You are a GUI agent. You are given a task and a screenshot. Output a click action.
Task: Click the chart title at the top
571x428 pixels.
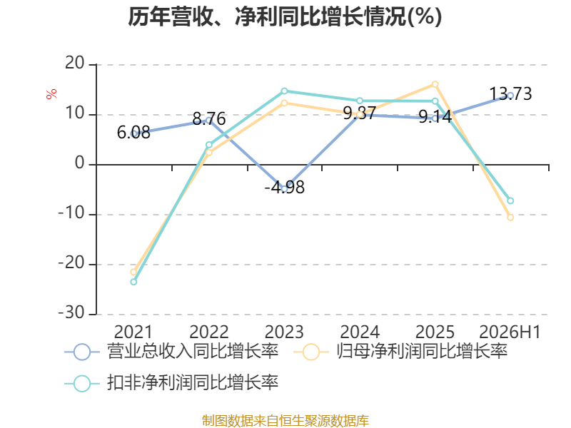[x=285, y=16]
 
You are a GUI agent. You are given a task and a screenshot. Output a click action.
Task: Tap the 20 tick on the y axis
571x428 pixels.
[x=75, y=63]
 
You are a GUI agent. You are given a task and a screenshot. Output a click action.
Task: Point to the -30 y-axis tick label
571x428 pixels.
[x=71, y=313]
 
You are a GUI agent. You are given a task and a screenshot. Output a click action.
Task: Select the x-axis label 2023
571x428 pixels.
[x=284, y=332]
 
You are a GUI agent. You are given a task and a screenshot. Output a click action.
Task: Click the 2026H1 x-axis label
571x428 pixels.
[x=510, y=332]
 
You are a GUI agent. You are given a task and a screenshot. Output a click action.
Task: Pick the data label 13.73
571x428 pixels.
[x=510, y=94]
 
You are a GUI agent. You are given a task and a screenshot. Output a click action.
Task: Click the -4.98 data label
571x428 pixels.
[x=284, y=188]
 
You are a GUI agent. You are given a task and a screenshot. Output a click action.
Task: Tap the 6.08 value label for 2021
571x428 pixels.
[x=133, y=133]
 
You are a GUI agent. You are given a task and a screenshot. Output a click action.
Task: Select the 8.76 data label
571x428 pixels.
[x=209, y=118]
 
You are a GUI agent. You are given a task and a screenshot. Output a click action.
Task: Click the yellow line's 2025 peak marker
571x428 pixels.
[x=435, y=84]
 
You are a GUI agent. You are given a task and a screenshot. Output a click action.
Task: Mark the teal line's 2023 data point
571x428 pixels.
[x=284, y=91]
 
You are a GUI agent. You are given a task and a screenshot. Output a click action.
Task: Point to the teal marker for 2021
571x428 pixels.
[x=133, y=282]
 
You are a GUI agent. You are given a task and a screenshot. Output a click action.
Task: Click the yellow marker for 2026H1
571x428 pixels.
[x=510, y=218]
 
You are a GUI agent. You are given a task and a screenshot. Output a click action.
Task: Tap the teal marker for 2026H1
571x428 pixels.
[x=510, y=201]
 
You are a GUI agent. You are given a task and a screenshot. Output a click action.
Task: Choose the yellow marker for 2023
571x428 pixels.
[x=284, y=103]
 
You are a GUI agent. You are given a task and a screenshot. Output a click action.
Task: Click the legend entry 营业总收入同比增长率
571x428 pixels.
[x=171, y=352]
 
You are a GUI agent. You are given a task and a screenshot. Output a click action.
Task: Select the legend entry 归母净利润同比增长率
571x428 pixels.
[x=400, y=352]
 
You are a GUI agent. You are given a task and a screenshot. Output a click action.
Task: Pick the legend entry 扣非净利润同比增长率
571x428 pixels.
[x=171, y=383]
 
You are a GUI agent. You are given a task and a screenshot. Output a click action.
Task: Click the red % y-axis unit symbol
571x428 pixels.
[x=51, y=93]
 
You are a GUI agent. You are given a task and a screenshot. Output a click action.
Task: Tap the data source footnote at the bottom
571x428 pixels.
[x=285, y=420]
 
